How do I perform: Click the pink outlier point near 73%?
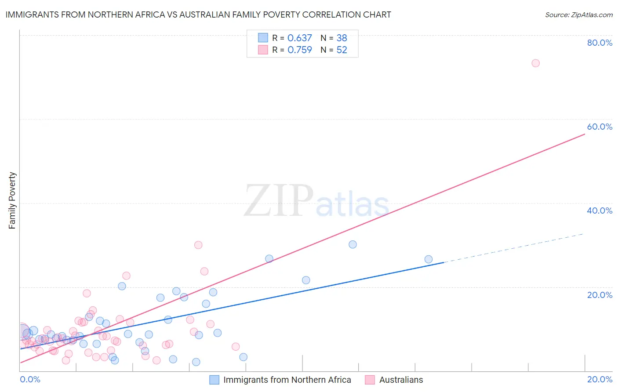tap(535, 63)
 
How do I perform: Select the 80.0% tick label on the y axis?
tap(600, 43)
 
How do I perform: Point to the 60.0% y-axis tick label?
tap(600, 127)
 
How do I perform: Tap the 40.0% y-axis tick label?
tap(600, 211)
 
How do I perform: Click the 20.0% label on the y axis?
tap(600, 295)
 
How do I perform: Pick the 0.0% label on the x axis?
tap(30, 379)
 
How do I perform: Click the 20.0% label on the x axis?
tap(600, 379)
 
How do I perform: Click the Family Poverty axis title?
tap(12, 200)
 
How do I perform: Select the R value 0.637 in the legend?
tap(299, 38)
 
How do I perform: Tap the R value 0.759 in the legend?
tap(299, 50)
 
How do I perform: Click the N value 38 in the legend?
tap(342, 38)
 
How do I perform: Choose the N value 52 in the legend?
tap(342, 50)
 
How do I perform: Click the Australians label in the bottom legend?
tap(401, 380)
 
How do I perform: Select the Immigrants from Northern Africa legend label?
tap(287, 380)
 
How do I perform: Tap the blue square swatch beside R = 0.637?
tap(263, 38)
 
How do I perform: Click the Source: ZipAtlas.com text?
tap(578, 15)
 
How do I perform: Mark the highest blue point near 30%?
tap(353, 244)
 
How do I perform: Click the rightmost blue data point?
tap(429, 259)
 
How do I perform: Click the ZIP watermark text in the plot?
tap(279, 201)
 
